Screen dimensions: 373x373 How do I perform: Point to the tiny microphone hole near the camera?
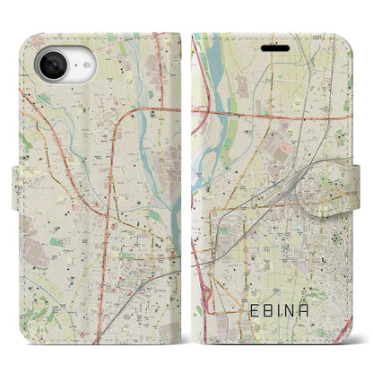[x=79, y=69]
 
